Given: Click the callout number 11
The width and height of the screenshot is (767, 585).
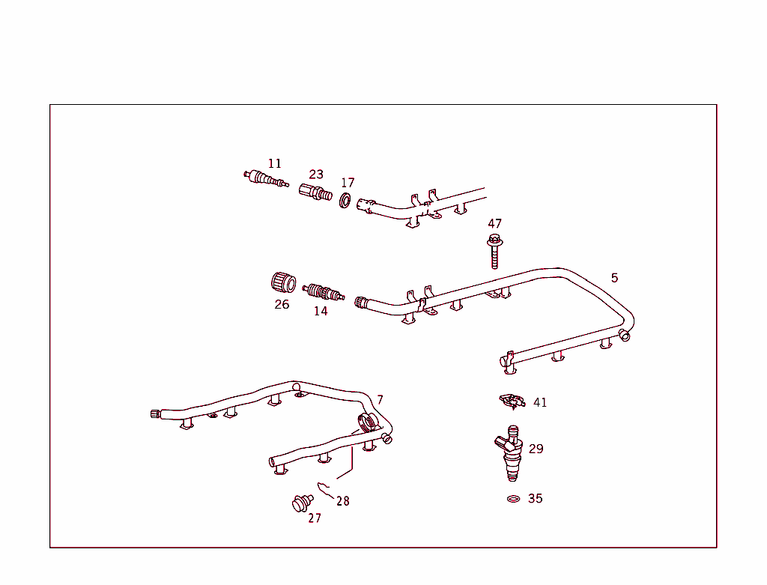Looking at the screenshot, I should point(275,163).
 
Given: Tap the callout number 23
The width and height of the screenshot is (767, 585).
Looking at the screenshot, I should point(316,175).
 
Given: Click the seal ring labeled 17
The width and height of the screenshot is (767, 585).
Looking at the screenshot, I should point(345,201).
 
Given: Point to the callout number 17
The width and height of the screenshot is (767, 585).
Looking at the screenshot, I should point(348,183).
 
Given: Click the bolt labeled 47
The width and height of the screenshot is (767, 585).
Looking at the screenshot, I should point(494,252).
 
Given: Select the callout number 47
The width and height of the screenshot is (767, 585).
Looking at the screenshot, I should point(494,223).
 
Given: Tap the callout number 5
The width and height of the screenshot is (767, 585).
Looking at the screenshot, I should point(614,278).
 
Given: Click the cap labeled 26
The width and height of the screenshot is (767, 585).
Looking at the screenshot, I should point(283,283).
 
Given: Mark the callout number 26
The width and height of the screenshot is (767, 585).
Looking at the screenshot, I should point(282,305).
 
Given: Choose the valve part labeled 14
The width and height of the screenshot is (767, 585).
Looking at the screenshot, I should point(323,291).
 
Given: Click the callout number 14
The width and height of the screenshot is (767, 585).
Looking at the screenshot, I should point(321,311).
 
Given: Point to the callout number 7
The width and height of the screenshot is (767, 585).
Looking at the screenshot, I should point(380,400).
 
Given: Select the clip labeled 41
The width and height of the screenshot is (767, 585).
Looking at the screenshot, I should point(512,401).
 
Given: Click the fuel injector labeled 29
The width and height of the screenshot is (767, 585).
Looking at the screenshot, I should point(511,454).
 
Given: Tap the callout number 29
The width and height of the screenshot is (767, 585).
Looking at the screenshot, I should point(536,449).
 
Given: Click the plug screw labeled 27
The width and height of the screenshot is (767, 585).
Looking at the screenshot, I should point(301,503).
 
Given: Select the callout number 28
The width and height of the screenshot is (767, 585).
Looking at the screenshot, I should point(342,501).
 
